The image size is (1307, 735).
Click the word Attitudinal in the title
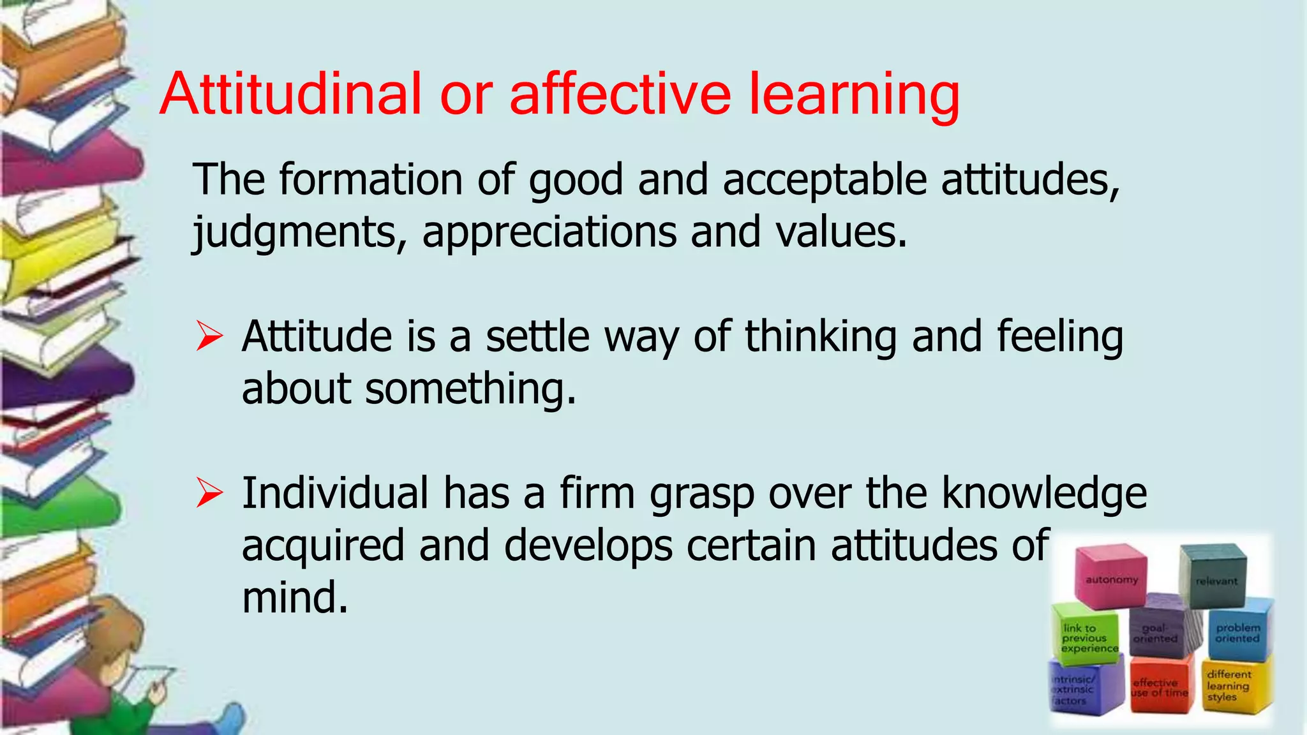coord(290,94)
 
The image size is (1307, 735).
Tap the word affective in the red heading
coord(620,94)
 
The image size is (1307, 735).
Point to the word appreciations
coord(549,232)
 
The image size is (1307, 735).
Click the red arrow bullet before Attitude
coord(209,336)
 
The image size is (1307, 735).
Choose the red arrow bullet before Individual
coord(209,493)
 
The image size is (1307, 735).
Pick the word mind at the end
coord(295,598)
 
